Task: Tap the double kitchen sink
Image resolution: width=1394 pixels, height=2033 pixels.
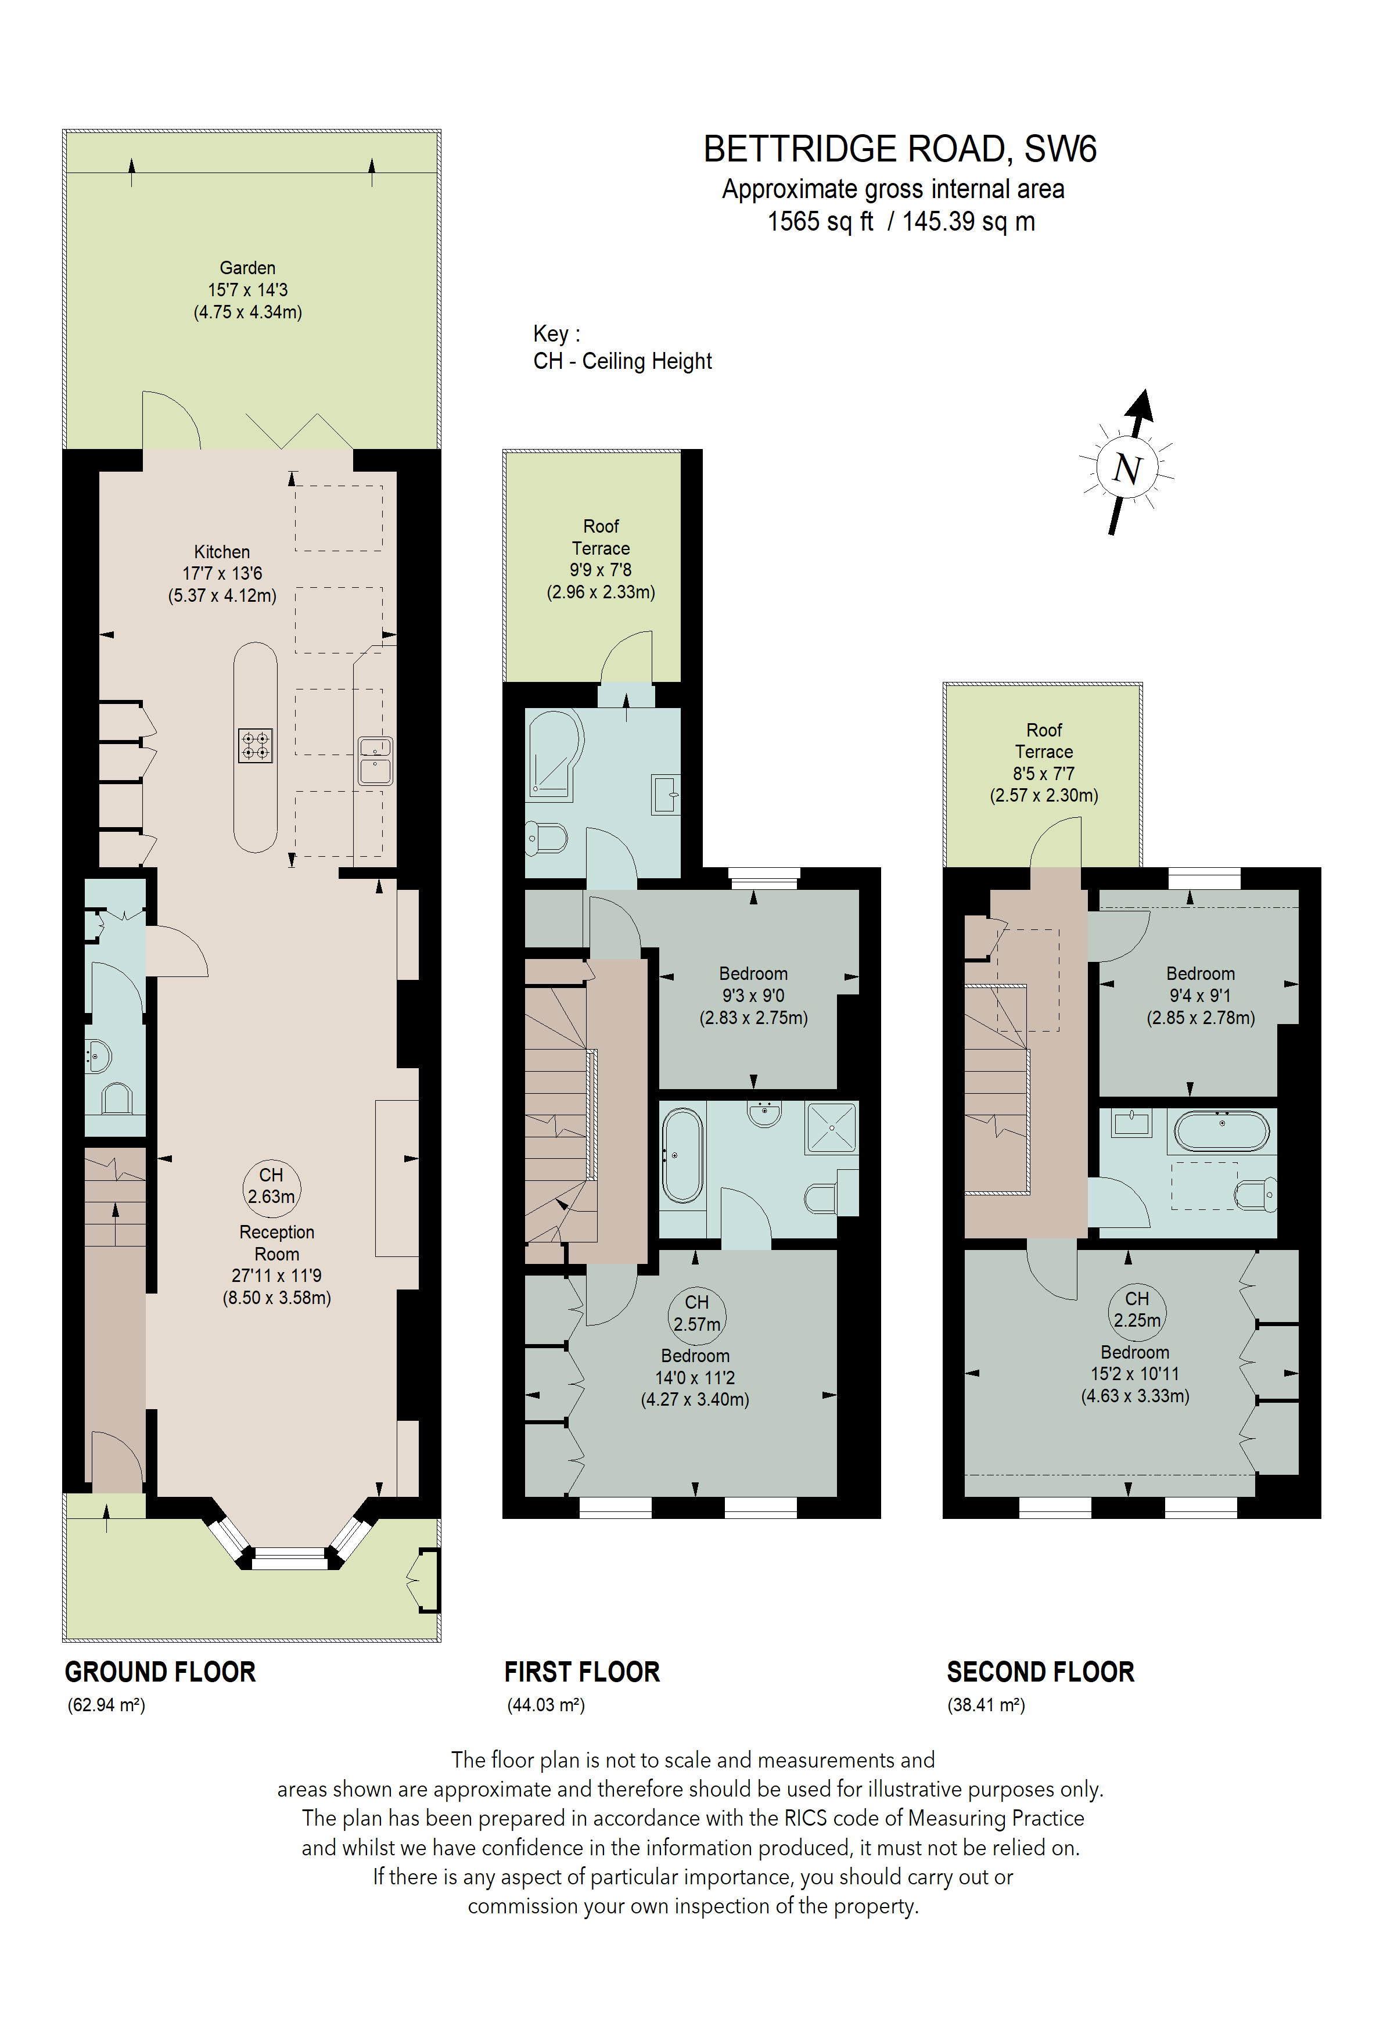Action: click(x=375, y=760)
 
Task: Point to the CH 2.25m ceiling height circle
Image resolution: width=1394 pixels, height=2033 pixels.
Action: click(x=1136, y=1310)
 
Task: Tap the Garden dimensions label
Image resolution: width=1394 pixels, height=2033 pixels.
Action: click(x=247, y=289)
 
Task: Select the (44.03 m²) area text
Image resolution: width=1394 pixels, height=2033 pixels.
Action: click(x=546, y=1705)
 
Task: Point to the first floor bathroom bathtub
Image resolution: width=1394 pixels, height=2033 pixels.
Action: click(x=682, y=1155)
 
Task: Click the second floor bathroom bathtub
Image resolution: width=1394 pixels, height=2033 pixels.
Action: click(x=1221, y=1131)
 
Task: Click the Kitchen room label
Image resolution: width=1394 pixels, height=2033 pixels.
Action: click(x=222, y=552)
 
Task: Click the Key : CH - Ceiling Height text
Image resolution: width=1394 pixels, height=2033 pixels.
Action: click(x=622, y=347)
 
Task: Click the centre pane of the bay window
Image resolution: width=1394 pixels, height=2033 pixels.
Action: click(x=289, y=1554)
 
